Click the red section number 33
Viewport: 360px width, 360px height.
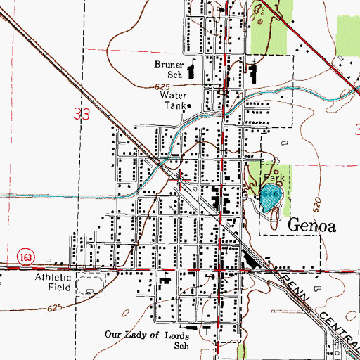pyautogui.click(x=82, y=115)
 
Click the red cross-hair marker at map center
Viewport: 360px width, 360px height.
pyautogui.click(x=181, y=182)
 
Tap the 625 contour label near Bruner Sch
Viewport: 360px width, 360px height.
pyautogui.click(x=160, y=86)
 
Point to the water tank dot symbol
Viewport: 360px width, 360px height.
pyautogui.click(x=188, y=106)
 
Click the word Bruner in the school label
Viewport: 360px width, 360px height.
pyautogui.click(x=169, y=63)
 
